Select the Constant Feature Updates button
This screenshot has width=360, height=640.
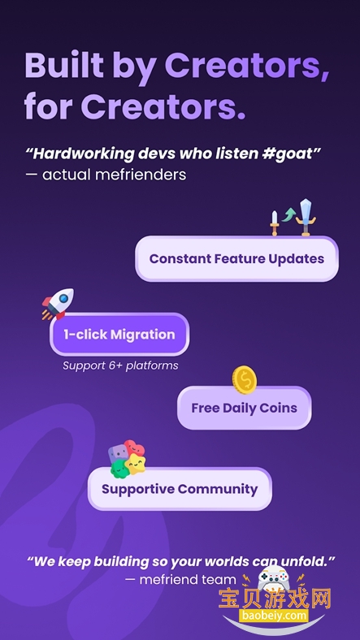click(x=236, y=259)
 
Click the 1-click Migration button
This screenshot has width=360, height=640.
click(x=119, y=334)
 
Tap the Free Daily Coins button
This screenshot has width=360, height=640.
click(x=244, y=408)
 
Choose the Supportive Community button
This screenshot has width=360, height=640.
click(x=180, y=489)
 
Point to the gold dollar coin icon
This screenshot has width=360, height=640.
click(x=244, y=378)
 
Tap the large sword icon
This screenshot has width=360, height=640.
click(x=306, y=216)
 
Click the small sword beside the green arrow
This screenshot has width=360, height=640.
click(x=275, y=222)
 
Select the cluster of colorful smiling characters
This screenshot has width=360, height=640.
click(x=128, y=460)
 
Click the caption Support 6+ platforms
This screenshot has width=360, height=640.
click(x=120, y=365)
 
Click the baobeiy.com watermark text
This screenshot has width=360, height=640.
click(x=273, y=616)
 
